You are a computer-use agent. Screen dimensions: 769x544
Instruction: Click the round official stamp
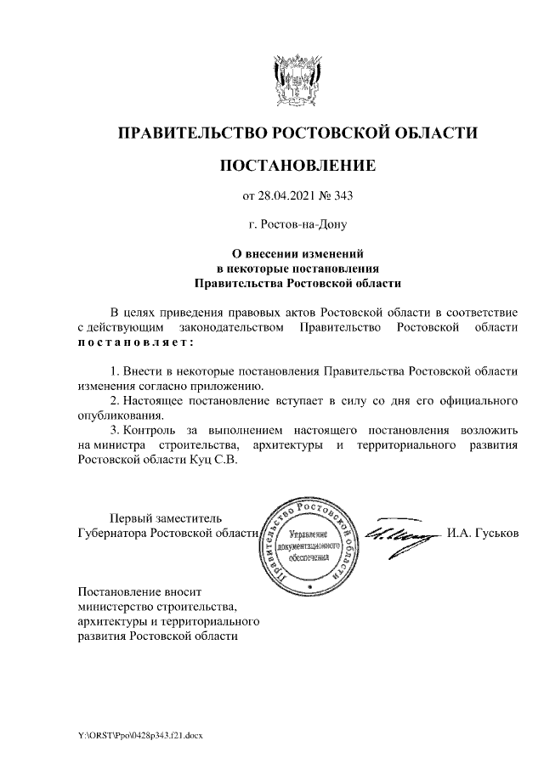click(308, 544)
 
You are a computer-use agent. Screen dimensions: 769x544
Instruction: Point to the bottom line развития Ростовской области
click(157, 636)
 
